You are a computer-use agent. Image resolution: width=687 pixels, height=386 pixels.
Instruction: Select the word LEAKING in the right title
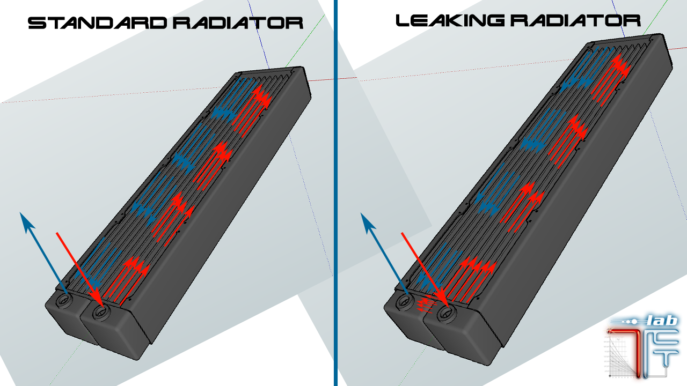coord(449,21)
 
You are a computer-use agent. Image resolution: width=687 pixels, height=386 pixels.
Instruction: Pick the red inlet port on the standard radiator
coord(98,311)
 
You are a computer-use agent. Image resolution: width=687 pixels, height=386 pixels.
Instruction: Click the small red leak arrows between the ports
coord(427,305)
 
